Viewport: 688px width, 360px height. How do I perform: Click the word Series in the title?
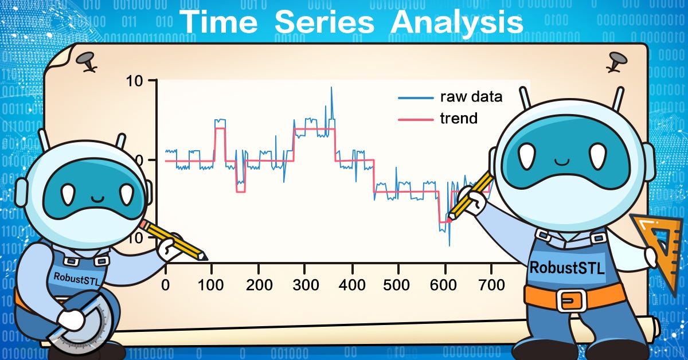click(324, 22)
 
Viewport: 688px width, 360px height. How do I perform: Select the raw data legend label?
click(471, 97)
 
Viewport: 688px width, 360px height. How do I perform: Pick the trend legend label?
click(459, 118)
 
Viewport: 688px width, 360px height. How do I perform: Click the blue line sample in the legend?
click(416, 98)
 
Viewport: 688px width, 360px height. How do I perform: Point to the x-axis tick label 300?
click(306, 285)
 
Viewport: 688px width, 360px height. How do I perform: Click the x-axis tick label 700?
click(491, 285)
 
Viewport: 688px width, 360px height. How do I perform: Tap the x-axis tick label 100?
click(211, 285)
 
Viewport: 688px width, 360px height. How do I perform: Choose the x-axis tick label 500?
click(396, 285)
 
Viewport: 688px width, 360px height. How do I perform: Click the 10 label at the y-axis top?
click(134, 81)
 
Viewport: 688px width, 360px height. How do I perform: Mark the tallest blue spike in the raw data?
click(331, 88)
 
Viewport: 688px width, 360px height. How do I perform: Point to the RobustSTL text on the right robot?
click(566, 268)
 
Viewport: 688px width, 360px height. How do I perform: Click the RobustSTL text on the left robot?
click(76, 279)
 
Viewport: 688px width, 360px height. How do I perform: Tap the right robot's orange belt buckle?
click(571, 300)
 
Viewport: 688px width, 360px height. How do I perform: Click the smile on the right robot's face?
click(562, 162)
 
